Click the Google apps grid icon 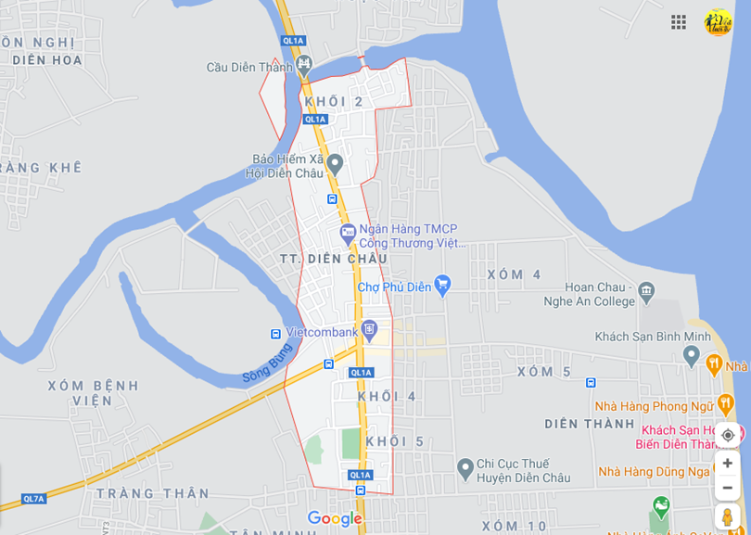pos(679,22)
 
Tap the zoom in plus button pos(728,463)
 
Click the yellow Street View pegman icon pos(728,516)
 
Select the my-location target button pos(728,435)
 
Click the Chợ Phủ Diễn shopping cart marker pos(442,286)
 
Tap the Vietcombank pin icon pos(370,329)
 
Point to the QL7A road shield pos(33,499)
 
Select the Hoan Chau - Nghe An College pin pos(646,292)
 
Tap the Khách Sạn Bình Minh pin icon pos(691,354)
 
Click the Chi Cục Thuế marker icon pos(465,469)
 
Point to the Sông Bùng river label pos(267,363)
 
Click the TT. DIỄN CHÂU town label pos(334,259)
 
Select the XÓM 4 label pos(514,274)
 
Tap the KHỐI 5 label pos(395,441)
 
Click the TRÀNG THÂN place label pos(153,493)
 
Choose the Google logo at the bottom pos(335,518)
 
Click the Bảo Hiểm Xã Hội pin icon pos(335,164)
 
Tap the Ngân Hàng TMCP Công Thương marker pos(348,231)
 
